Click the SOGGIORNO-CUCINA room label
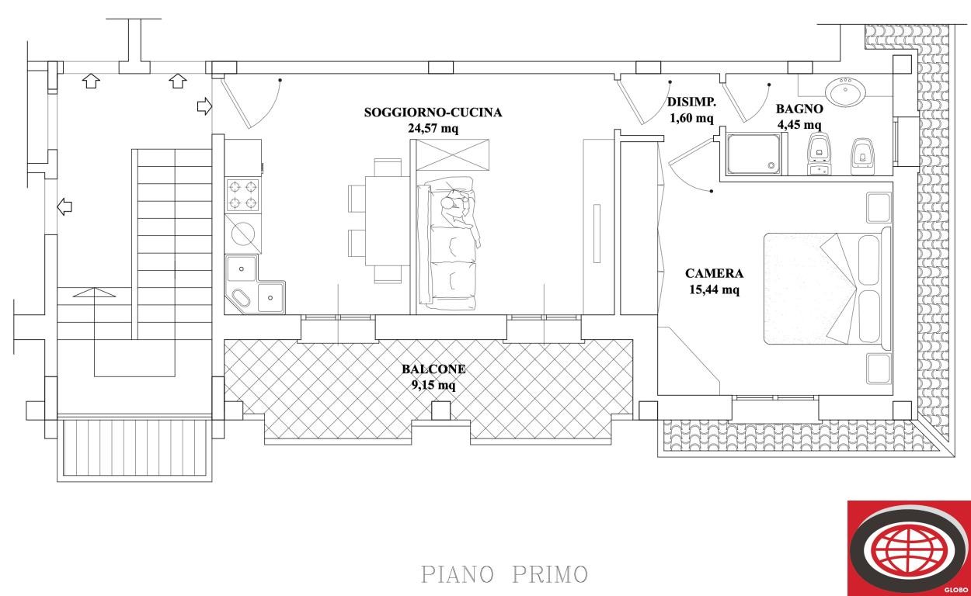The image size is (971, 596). tap(433, 113)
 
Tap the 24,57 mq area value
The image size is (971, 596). tap(433, 129)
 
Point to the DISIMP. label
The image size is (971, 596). tap(691, 102)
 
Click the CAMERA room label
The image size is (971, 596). tap(714, 274)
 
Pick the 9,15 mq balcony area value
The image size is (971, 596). tap(433, 384)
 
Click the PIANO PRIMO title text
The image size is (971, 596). tap(504, 575)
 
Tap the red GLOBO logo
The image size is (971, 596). tap(908, 548)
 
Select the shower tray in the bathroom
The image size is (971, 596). tap(753, 154)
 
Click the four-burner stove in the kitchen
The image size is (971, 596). tap(242, 196)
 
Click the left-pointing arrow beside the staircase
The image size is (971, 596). tap(65, 206)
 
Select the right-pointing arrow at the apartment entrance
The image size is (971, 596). tap(204, 106)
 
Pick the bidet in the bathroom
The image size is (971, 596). tap(861, 153)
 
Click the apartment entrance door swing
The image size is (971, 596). tap(247, 101)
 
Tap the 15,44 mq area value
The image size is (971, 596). tap(714, 290)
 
